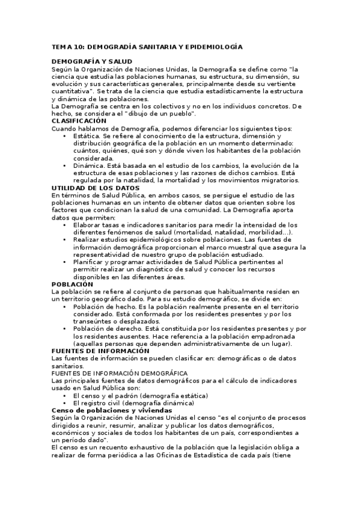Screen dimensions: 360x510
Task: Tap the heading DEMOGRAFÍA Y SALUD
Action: [92, 61]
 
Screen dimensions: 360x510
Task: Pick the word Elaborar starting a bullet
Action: [90, 224]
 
